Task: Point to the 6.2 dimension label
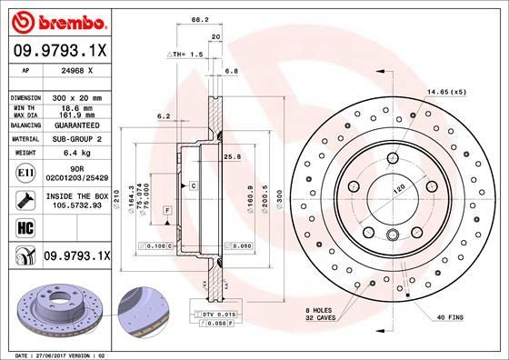[x=164, y=115]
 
